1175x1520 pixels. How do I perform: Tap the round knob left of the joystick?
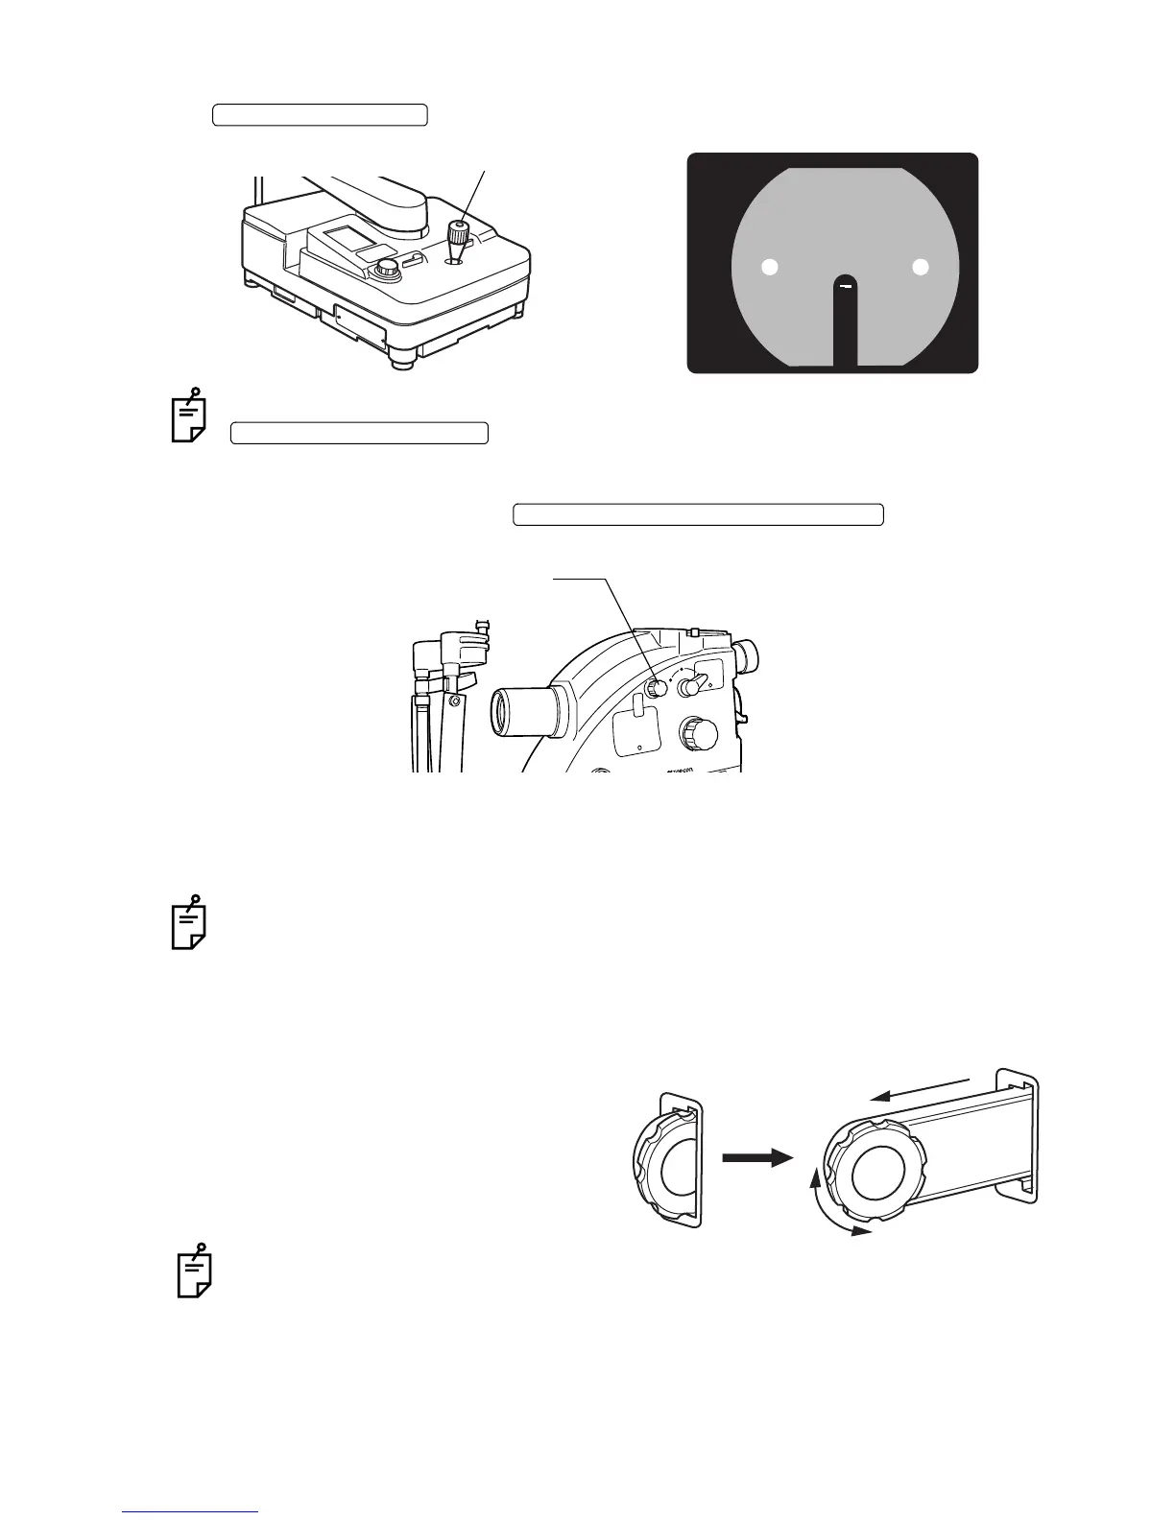(x=388, y=271)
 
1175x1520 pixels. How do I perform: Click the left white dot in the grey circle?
(x=769, y=268)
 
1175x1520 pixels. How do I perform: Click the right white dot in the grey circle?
(x=921, y=268)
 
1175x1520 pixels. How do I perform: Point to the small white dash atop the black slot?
(x=845, y=285)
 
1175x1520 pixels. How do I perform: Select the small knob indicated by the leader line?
(x=656, y=688)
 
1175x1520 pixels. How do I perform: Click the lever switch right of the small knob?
(x=691, y=685)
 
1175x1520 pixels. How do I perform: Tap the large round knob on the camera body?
(x=697, y=734)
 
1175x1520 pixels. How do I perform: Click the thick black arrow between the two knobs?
(x=757, y=1158)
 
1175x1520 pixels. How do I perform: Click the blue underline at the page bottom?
(x=191, y=1512)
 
